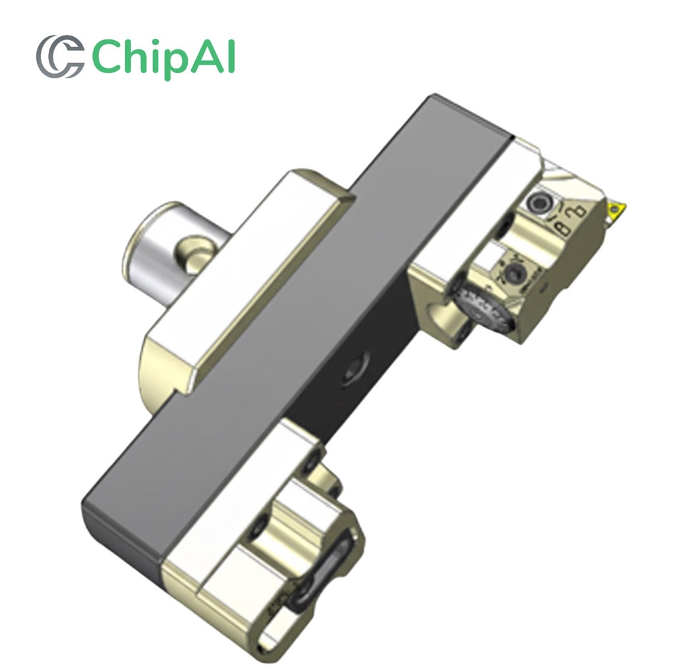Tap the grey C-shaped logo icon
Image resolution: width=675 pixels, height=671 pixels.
pyautogui.click(x=59, y=57)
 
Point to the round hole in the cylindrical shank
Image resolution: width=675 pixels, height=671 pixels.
pyautogui.click(x=196, y=255)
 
